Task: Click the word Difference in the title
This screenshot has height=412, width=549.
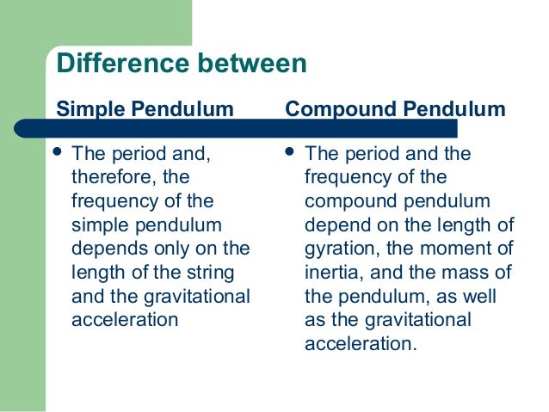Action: tap(115, 64)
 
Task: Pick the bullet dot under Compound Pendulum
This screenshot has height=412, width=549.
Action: tap(292, 154)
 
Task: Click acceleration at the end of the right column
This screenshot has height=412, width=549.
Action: tap(360, 344)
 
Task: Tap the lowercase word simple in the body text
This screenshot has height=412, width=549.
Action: tap(94, 225)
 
